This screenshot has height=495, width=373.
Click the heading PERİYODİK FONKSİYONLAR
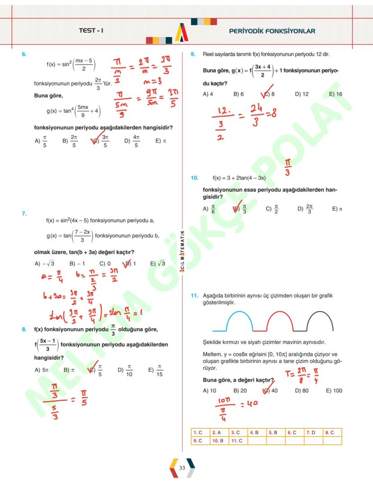[x=272, y=31]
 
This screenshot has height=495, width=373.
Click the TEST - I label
[x=91, y=31]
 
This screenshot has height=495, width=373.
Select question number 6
[x=24, y=54]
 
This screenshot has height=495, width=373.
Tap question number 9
[x=193, y=54]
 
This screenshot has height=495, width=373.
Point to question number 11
[x=194, y=296]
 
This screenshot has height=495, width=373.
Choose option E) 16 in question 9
[x=336, y=94]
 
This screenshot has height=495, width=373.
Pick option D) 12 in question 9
[x=302, y=94]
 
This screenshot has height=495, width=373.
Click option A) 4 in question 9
[x=208, y=94]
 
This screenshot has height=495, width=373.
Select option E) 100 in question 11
[x=334, y=390]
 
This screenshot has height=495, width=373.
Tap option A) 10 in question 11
[x=209, y=390]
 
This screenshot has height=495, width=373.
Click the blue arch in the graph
[x=239, y=320]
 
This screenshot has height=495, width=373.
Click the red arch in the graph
[x=280, y=320]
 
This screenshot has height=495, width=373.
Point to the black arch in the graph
[x=320, y=320]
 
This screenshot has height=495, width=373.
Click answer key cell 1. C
[x=198, y=432]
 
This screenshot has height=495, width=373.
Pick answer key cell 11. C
[x=237, y=440]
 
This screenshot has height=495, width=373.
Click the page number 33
[x=182, y=468]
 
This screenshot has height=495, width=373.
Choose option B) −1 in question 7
[x=77, y=264]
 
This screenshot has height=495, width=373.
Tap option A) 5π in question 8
[x=41, y=370]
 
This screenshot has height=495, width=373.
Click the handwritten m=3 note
[x=153, y=82]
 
